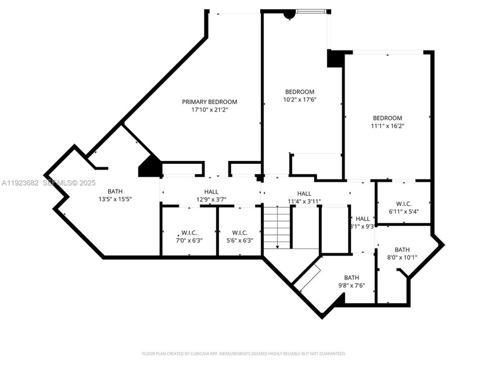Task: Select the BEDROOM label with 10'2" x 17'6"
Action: click(x=299, y=92)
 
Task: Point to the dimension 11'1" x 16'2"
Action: click(x=387, y=125)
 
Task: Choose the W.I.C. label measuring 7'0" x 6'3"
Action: click(x=189, y=232)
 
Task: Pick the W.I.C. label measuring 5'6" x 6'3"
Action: click(x=239, y=232)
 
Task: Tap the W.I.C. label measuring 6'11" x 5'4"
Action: click(x=404, y=204)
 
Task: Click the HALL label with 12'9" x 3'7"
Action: click(x=211, y=192)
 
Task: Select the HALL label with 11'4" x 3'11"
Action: click(x=304, y=193)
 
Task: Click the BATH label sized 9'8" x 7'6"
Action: click(x=351, y=277)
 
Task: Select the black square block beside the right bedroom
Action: click(x=335, y=59)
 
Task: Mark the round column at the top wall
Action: click(x=289, y=15)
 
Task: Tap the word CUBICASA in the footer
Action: click(x=199, y=353)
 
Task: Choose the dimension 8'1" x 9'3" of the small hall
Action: click(x=362, y=227)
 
